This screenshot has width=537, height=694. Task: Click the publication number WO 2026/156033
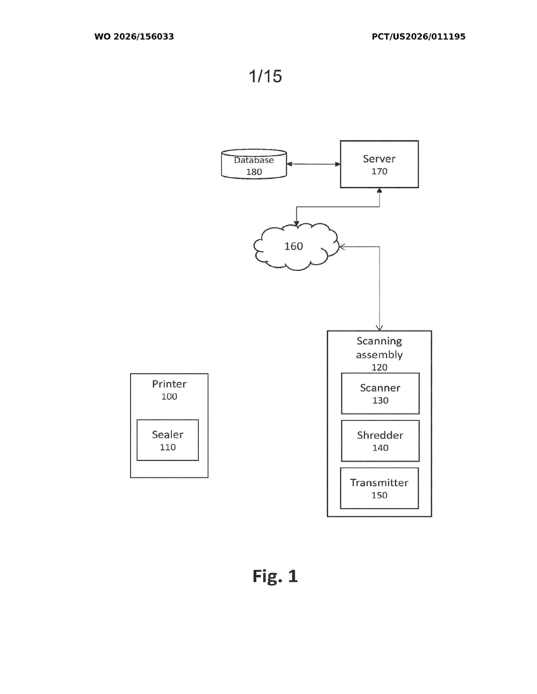click(x=134, y=37)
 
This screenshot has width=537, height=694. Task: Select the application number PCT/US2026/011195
click(x=418, y=37)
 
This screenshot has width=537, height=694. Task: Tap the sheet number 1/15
click(x=265, y=76)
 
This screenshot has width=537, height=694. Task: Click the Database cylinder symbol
click(x=254, y=164)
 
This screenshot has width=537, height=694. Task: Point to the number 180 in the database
click(x=254, y=172)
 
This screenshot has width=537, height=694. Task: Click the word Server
click(x=379, y=159)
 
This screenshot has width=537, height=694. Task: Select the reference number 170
click(x=379, y=171)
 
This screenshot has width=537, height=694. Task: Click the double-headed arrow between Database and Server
click(x=313, y=164)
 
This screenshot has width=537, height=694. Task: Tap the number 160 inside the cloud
click(x=293, y=246)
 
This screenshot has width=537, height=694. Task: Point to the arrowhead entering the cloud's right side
click(x=342, y=247)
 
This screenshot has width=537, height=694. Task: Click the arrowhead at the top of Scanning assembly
click(x=379, y=328)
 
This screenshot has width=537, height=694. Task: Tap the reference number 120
click(x=379, y=367)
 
